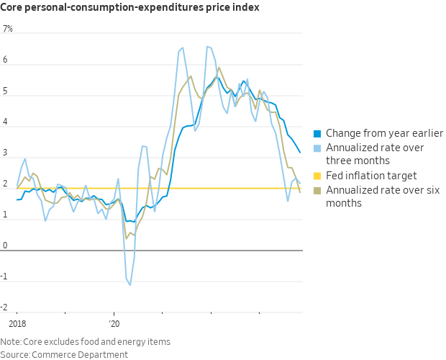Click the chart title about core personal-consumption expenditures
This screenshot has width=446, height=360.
pyautogui.click(x=130, y=8)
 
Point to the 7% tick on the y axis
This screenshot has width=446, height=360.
pyautogui.click(x=8, y=30)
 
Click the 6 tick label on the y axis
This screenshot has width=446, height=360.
pyautogui.click(x=6, y=60)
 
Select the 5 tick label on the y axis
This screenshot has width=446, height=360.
pyautogui.click(x=6, y=91)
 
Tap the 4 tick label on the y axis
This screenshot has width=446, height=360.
pyautogui.click(x=6, y=122)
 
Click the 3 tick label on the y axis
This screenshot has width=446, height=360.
pyautogui.click(x=6, y=153)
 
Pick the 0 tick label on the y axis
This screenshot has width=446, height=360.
pyautogui.click(x=6, y=246)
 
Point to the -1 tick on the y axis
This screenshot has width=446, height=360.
pyautogui.click(x=7, y=276)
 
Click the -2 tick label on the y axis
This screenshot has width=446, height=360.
pyautogui.click(x=7, y=307)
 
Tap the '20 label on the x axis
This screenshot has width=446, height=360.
pyautogui.click(x=113, y=325)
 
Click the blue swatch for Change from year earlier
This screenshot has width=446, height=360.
pyautogui.click(x=317, y=133)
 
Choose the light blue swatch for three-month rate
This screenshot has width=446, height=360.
pyautogui.click(x=317, y=148)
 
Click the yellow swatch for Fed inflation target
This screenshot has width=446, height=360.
pyautogui.click(x=317, y=176)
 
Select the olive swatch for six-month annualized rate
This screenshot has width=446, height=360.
pyautogui.click(x=317, y=190)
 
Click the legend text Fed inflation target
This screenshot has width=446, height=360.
pyautogui.click(x=371, y=176)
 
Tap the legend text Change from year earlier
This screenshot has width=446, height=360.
pyautogui.click(x=384, y=133)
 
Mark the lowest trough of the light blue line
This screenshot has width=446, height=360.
pyautogui.click(x=130, y=285)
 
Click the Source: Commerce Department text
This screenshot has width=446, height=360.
pyautogui.click(x=64, y=354)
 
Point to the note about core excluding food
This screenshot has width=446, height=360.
pyautogui.click(x=86, y=341)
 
